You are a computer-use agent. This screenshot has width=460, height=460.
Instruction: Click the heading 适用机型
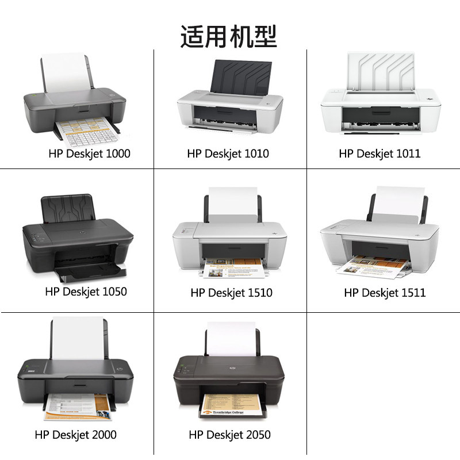click(229, 36)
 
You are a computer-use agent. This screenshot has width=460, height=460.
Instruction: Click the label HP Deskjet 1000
click(89, 154)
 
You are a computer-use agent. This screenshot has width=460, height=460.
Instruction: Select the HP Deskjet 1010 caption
click(228, 154)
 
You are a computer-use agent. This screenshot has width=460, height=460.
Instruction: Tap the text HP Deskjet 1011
click(379, 154)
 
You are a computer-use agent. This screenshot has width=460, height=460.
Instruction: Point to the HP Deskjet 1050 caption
click(86, 292)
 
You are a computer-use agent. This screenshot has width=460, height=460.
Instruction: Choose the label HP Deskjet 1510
click(231, 293)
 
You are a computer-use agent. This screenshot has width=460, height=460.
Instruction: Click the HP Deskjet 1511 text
click(385, 293)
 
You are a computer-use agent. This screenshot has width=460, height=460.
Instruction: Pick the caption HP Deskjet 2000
click(75, 435)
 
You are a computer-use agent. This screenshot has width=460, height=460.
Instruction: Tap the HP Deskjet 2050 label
click(229, 435)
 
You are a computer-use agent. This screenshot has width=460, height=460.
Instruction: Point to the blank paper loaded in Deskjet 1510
click(231, 205)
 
